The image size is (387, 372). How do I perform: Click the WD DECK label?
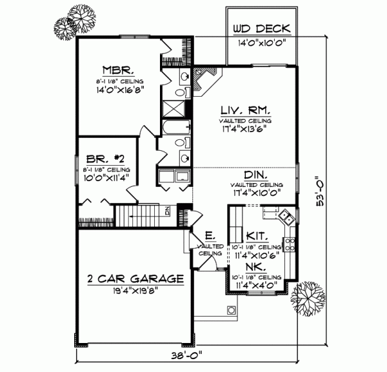[x=262, y=29]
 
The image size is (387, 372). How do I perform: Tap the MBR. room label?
[x=116, y=69]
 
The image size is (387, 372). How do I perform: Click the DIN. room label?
[x=257, y=175]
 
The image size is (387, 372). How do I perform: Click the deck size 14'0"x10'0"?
[x=262, y=43]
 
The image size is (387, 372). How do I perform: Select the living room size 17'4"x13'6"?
[x=244, y=128]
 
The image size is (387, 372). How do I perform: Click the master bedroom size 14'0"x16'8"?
[x=117, y=90]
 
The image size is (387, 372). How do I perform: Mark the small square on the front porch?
[x=230, y=310]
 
